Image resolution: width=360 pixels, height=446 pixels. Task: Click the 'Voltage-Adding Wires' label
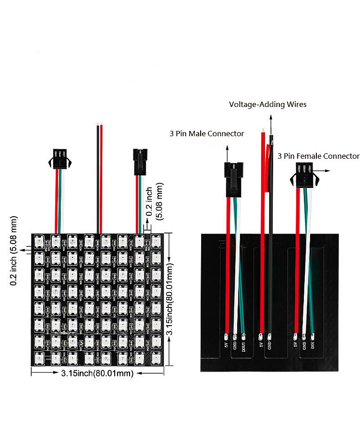(x=267, y=104)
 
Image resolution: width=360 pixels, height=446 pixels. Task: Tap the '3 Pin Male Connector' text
(x=207, y=133)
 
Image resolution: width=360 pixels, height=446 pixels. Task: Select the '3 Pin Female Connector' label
(x=318, y=156)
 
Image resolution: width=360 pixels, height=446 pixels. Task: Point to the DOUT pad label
(x=244, y=346)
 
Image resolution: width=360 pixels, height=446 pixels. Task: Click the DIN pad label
(x=312, y=345)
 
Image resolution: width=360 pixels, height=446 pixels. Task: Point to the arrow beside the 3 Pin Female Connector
(x=324, y=170)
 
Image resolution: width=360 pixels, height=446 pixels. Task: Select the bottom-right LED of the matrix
(x=156, y=358)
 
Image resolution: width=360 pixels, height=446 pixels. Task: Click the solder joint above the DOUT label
(x=244, y=336)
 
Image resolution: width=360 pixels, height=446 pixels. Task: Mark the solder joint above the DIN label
(x=312, y=335)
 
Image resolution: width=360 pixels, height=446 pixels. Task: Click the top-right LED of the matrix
(x=156, y=241)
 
